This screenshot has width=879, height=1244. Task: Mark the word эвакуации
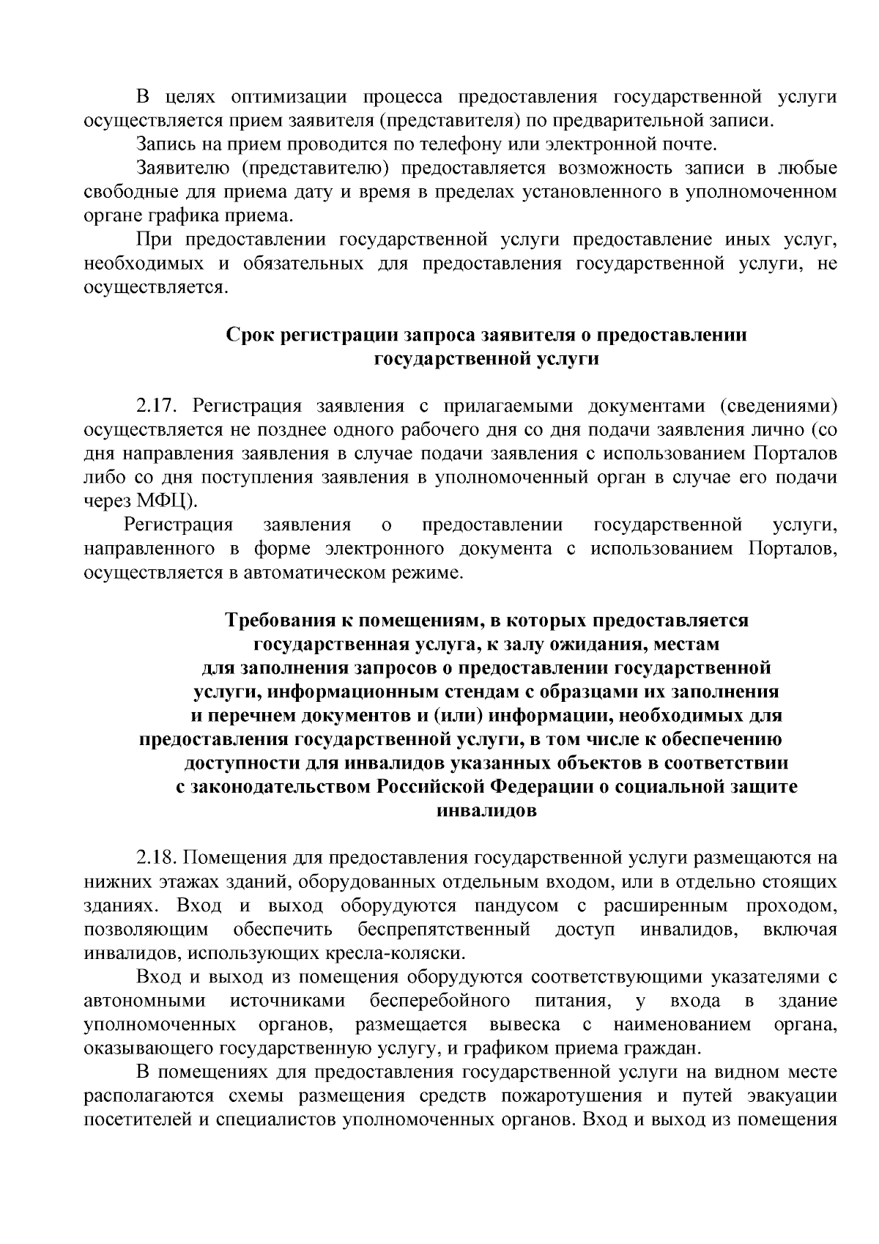[x=792, y=1096]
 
